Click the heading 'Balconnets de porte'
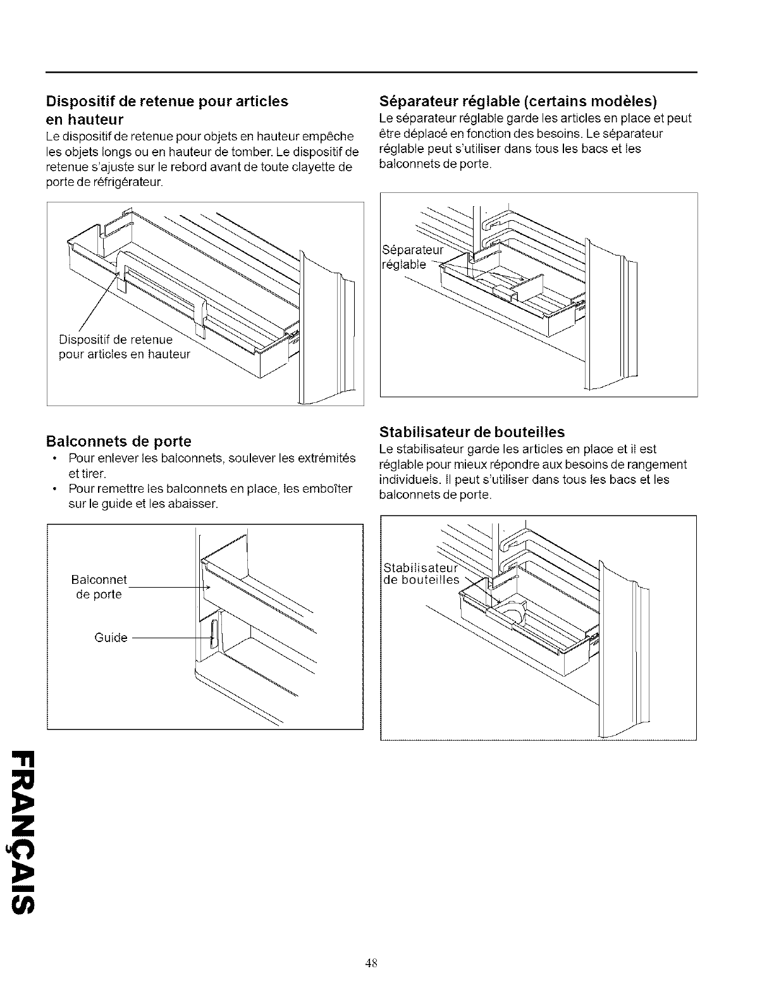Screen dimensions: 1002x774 tap(118, 441)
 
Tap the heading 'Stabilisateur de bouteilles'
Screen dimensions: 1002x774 tap(472, 432)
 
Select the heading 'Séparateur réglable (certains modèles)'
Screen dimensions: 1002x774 tap(518, 101)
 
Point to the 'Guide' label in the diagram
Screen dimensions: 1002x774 tap(111, 638)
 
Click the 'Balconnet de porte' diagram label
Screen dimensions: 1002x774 tap(99, 587)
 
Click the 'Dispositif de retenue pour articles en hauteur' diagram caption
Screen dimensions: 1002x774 tap(124, 348)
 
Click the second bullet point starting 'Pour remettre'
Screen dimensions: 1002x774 tap(210, 497)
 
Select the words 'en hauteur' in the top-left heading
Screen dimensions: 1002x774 tap(85, 119)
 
